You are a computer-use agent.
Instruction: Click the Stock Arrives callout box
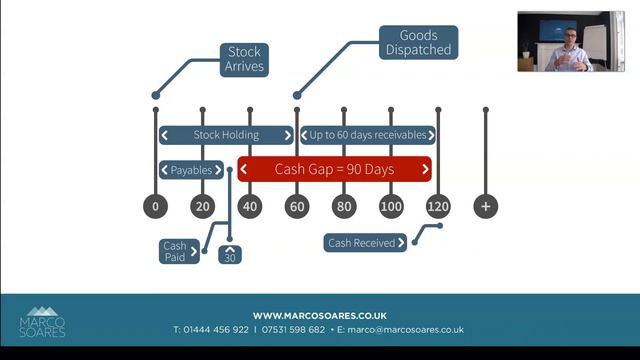point(244,59)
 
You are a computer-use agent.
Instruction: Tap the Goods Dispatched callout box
point(417,42)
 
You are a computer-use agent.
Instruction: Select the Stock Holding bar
point(226,135)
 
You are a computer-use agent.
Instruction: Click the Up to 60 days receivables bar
point(367,135)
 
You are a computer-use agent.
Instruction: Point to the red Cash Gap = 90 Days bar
point(334,169)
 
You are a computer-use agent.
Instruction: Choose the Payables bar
point(191,170)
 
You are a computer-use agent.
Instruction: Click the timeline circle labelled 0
point(155,206)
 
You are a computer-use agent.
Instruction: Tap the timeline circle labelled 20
point(203,206)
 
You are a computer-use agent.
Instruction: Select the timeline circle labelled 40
point(250,206)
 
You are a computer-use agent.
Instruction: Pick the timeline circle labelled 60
point(297,206)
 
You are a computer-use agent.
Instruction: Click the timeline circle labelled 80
point(344,206)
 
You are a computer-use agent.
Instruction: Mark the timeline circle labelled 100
point(391,206)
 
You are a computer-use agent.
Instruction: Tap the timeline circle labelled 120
point(438,206)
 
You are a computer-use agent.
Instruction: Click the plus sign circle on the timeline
point(486,206)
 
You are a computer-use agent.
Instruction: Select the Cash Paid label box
point(174,251)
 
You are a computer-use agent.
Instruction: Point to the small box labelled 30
point(230,254)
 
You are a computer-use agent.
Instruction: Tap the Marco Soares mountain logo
point(42,321)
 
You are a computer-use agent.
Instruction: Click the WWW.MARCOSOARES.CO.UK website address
point(319,315)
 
